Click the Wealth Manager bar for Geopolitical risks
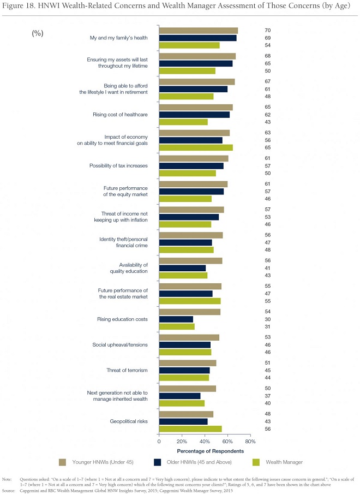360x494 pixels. pos(190,429)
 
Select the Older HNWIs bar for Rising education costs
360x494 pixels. pos(176,319)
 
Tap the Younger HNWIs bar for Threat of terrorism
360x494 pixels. pos(188,363)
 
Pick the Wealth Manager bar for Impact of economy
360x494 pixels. pos(196,147)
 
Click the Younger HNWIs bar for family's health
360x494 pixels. pos(199,31)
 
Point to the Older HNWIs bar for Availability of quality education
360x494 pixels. pos(183,268)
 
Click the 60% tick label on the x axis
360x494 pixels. pos(227,442)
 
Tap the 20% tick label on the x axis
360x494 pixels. pos(182,442)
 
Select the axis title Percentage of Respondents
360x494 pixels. pos(211,451)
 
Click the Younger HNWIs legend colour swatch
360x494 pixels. pos(62,462)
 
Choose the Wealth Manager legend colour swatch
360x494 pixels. pos(256,462)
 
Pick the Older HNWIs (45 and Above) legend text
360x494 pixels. pos(199,462)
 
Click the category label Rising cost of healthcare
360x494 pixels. pos(120,115)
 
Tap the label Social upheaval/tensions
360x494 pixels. pos(120,344)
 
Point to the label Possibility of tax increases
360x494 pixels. pos(118,166)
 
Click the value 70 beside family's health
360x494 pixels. pos(268,31)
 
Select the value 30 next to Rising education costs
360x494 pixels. pos(268,319)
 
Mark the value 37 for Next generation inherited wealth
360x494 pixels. pos(268,396)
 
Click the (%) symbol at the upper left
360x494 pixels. pos(38,33)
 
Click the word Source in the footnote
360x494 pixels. pos(9,491)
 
